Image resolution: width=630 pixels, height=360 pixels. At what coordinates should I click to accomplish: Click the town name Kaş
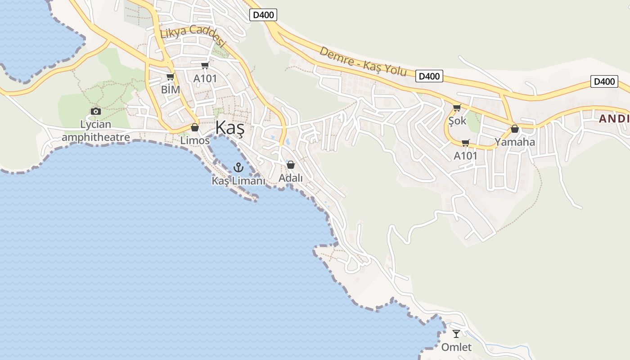229,128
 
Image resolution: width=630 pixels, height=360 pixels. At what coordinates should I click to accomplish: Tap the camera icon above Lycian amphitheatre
95,111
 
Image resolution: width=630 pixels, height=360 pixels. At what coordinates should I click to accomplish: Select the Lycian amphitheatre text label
95,130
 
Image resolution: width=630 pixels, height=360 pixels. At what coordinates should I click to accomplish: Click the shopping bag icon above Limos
195,128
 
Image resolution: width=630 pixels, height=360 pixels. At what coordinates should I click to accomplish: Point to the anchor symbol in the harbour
238,168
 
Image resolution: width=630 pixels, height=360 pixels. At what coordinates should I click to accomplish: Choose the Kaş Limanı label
238,181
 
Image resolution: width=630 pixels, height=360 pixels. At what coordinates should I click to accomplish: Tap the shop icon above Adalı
291,165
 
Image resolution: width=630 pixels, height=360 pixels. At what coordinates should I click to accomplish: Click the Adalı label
291,178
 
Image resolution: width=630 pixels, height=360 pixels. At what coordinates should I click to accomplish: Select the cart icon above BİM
170,77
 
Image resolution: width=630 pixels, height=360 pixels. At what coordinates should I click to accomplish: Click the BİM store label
171,90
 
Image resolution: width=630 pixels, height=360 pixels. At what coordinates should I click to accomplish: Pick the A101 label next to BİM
205,79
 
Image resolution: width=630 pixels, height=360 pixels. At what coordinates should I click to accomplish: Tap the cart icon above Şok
457,108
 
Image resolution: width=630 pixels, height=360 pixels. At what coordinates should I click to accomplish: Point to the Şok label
457,121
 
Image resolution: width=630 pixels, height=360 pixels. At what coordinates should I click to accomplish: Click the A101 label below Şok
465,156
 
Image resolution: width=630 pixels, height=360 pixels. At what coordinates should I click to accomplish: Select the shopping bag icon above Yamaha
515,129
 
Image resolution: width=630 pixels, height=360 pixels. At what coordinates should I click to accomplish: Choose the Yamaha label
515,142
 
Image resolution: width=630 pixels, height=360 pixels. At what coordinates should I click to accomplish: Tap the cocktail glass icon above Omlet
456,334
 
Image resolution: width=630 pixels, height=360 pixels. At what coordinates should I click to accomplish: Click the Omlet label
456,347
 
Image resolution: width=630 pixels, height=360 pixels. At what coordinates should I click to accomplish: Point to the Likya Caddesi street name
192,35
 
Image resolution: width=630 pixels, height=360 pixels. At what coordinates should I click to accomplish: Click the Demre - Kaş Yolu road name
363,61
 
